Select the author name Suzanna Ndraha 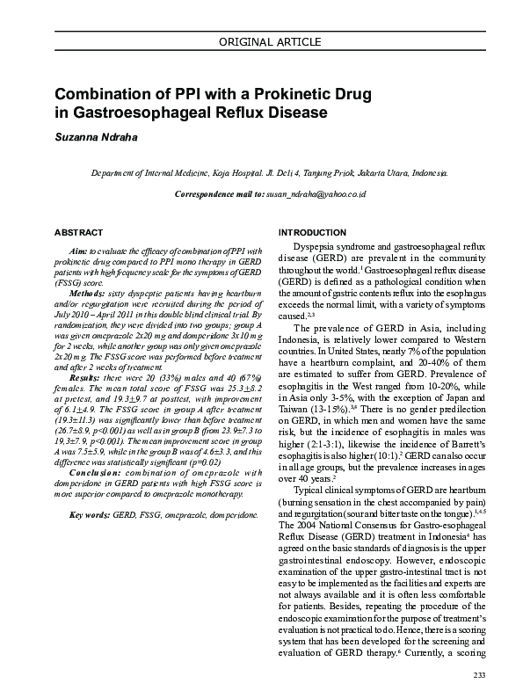98,138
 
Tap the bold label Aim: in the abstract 77,251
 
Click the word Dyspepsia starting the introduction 314,251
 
